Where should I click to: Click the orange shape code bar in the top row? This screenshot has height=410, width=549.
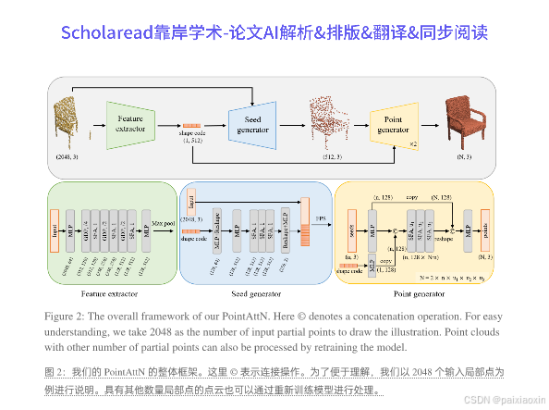click(x=193, y=125)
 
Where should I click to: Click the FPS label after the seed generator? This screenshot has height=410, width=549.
click(x=322, y=217)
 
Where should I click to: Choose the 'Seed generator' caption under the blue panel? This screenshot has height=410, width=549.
click(x=253, y=294)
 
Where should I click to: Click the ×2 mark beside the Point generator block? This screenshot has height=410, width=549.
click(x=413, y=144)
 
